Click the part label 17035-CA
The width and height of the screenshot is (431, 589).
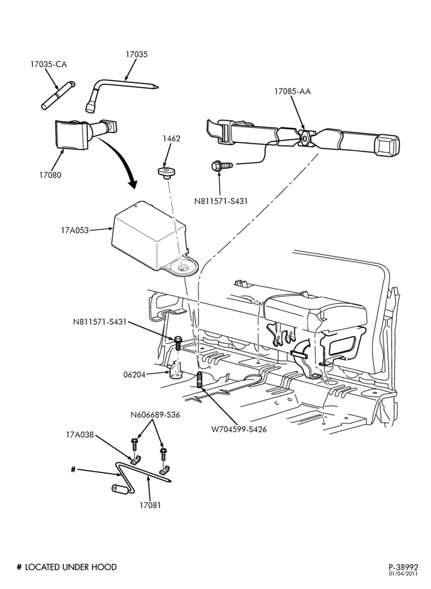(x=48, y=64)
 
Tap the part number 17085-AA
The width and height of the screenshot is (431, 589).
(x=293, y=91)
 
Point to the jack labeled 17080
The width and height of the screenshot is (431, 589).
(x=82, y=133)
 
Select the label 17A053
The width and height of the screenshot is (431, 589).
(x=75, y=230)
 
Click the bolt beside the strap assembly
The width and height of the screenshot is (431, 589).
(x=222, y=165)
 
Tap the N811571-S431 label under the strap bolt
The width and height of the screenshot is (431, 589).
(x=221, y=201)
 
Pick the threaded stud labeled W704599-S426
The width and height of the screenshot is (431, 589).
(x=200, y=379)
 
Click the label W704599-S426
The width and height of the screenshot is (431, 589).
(x=239, y=429)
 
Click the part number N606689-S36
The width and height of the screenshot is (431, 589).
(x=155, y=415)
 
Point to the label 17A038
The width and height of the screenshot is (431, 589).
(x=80, y=435)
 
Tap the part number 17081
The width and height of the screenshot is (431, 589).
(x=150, y=505)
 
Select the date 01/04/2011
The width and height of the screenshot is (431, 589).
(x=403, y=574)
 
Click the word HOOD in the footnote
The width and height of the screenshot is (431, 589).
(x=104, y=567)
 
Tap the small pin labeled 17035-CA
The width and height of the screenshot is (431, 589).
(x=58, y=96)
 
